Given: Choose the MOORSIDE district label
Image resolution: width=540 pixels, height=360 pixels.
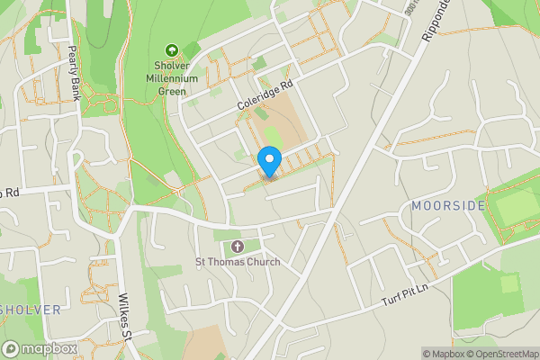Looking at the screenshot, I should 447,206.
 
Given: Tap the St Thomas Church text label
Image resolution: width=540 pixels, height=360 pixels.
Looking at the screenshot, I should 238,262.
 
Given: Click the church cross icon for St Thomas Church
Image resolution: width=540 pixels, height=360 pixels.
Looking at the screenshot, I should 238,246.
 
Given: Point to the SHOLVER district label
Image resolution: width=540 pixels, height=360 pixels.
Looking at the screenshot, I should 31,310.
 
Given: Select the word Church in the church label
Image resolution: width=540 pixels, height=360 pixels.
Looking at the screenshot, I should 261,262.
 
